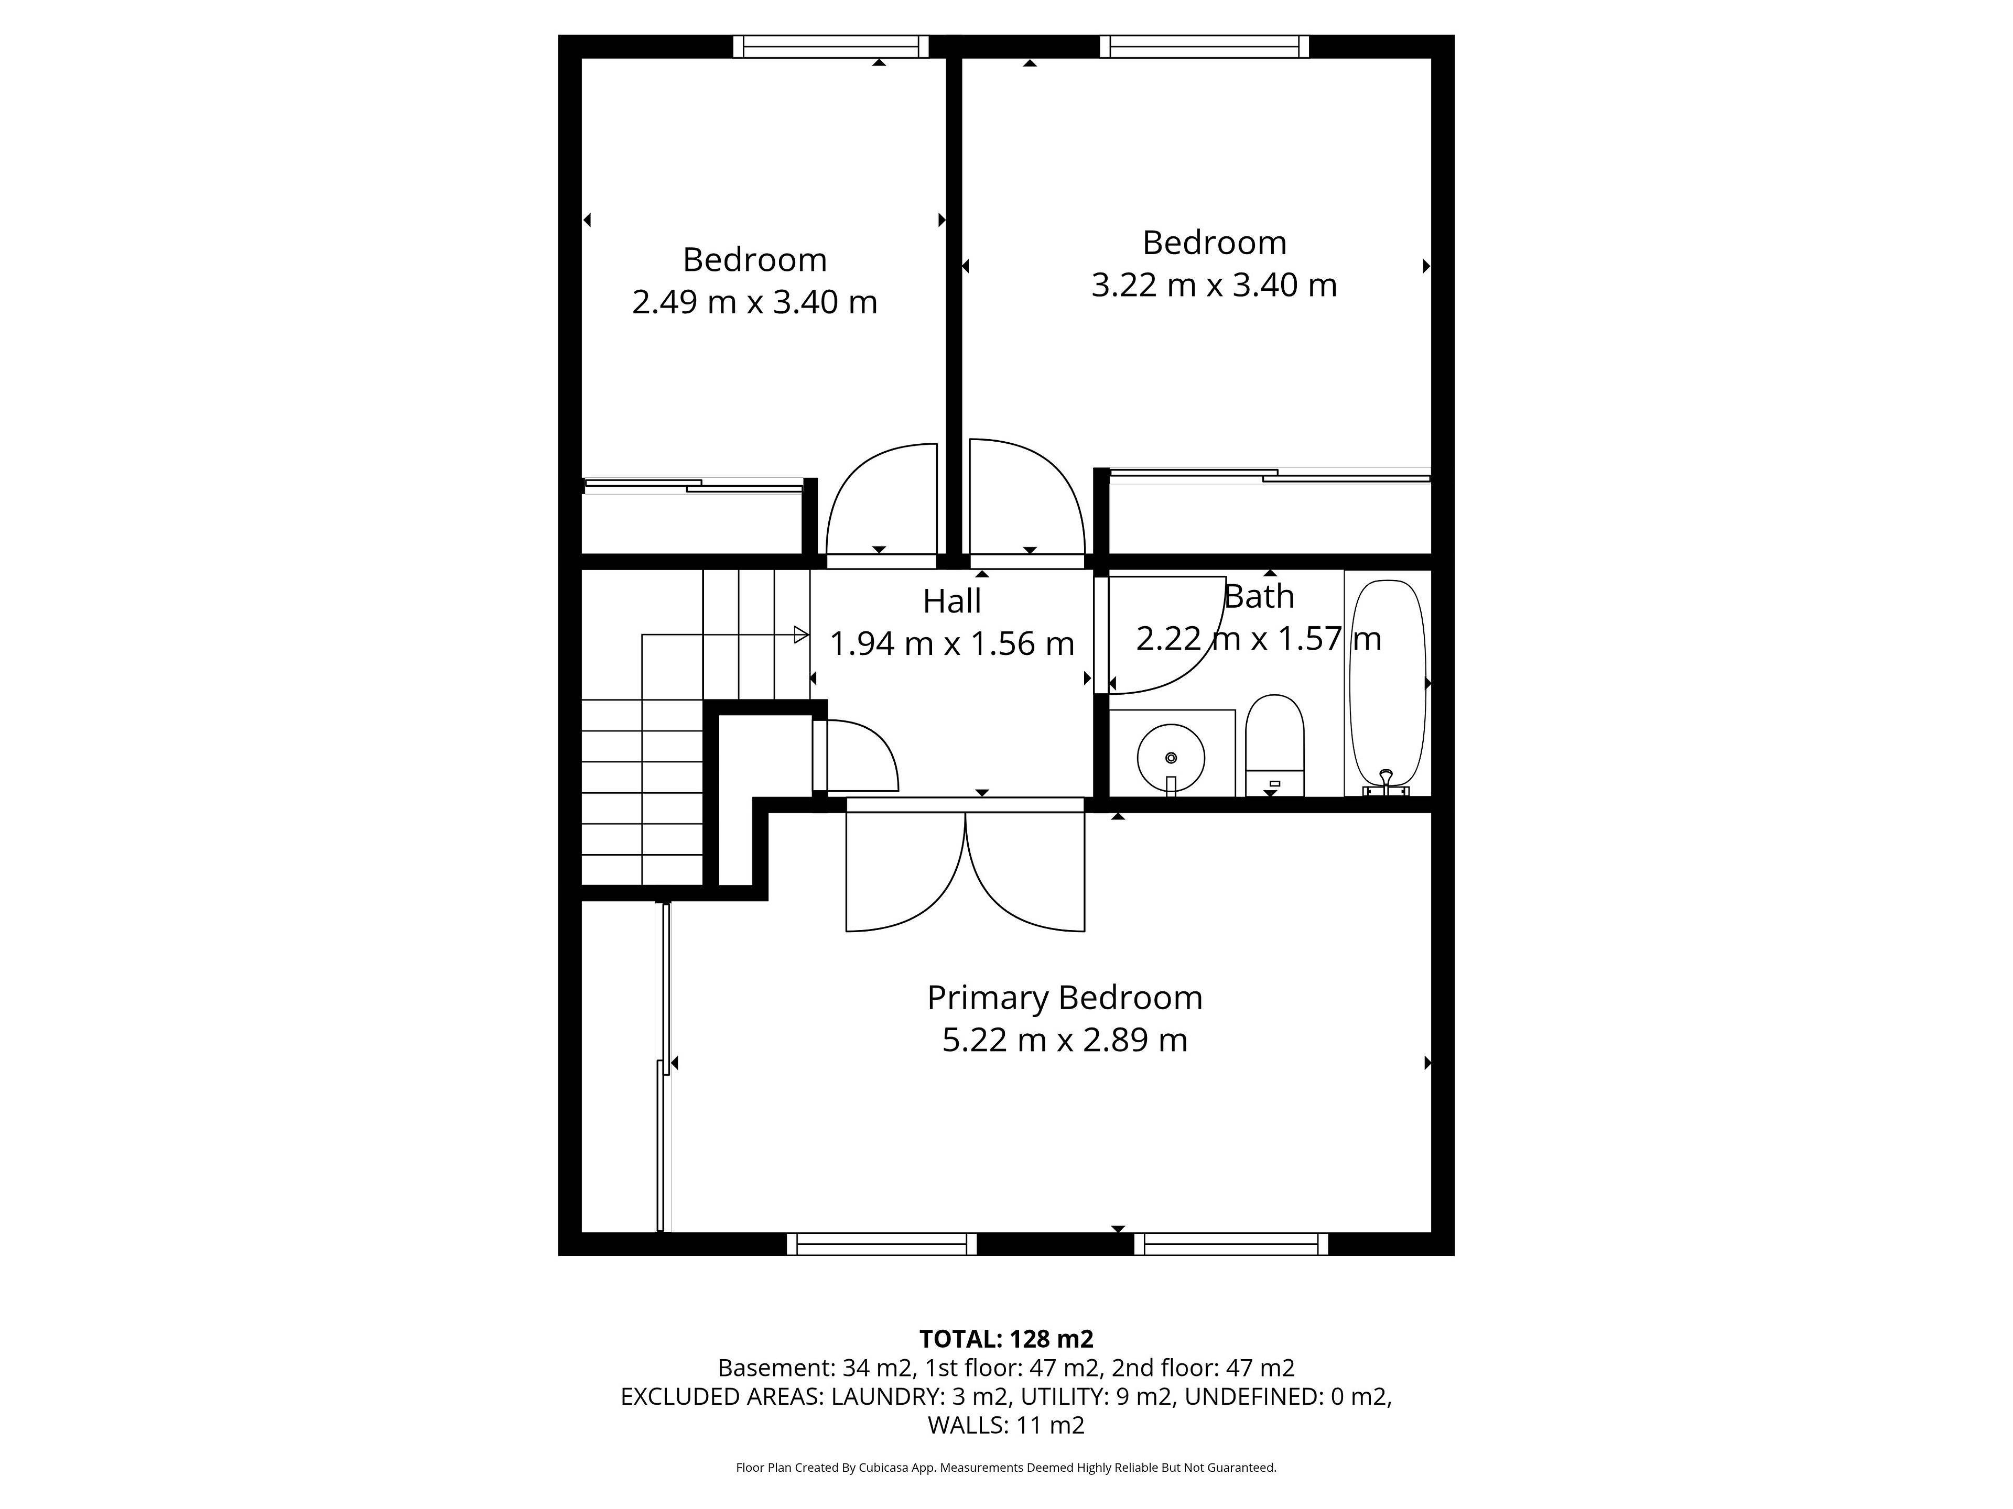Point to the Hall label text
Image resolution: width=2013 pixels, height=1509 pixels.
click(x=952, y=601)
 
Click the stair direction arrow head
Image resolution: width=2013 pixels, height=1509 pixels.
click(x=802, y=635)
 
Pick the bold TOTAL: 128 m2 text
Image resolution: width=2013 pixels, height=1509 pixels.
click(x=1006, y=1339)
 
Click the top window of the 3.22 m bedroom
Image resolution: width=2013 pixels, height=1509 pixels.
click(x=1204, y=47)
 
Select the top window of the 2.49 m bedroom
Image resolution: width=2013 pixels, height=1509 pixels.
click(x=831, y=47)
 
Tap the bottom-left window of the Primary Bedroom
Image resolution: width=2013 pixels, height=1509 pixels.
click(x=882, y=1244)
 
